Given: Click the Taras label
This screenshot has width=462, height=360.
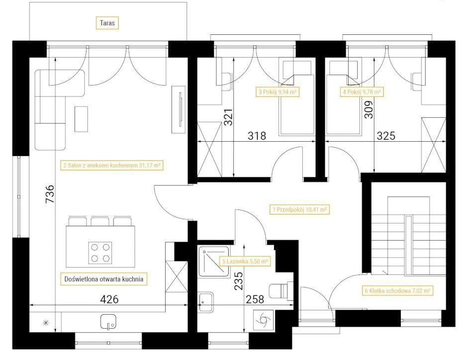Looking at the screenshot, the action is tap(107, 23).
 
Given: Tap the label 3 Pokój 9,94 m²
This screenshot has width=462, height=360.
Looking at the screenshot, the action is tap(277, 92).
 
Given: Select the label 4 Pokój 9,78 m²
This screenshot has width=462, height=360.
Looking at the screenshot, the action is tap(362, 92).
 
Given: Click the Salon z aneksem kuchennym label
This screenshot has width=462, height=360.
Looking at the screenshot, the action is tap(112, 165).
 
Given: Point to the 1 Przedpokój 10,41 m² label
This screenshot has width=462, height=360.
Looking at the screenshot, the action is tap(299, 209).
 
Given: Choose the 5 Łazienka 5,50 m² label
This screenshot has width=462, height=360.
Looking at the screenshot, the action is tap(245, 261).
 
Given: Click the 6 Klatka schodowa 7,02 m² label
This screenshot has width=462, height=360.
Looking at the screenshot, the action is tap(397, 291).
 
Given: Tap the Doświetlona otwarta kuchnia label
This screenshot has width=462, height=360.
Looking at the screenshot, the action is tap(104, 279).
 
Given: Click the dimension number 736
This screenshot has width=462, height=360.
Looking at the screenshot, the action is tap(50, 194).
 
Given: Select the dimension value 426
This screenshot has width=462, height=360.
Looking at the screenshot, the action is tap(109, 299).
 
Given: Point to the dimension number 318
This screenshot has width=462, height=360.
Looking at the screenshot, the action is tap(257, 136).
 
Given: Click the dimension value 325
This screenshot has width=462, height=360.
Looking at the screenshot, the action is tap(386, 136).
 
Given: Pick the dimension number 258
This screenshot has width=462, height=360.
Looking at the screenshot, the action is tap(255, 299).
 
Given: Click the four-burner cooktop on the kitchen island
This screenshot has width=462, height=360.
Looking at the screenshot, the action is tap(100, 253).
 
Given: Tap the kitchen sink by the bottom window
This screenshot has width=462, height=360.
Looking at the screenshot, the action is tap(108, 322).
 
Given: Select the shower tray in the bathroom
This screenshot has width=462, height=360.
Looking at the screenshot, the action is tap(214, 262).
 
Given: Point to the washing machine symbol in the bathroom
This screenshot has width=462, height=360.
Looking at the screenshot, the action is tap(264, 320).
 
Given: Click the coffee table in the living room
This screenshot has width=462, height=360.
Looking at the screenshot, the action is tap(82, 119).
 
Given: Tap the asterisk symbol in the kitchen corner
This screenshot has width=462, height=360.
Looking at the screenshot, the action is tap(46, 323).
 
